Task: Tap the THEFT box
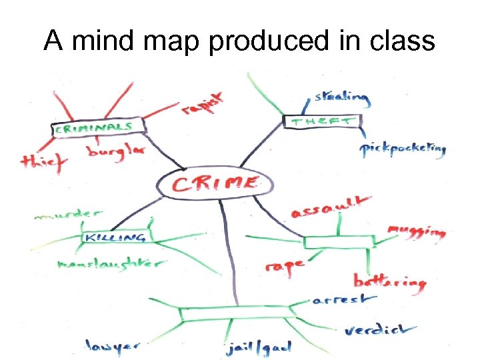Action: click(323, 121)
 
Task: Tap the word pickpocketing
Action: click(403, 149)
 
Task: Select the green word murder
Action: click(67, 215)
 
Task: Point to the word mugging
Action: click(416, 231)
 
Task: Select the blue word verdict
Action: click(381, 329)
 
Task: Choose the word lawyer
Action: click(112, 345)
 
